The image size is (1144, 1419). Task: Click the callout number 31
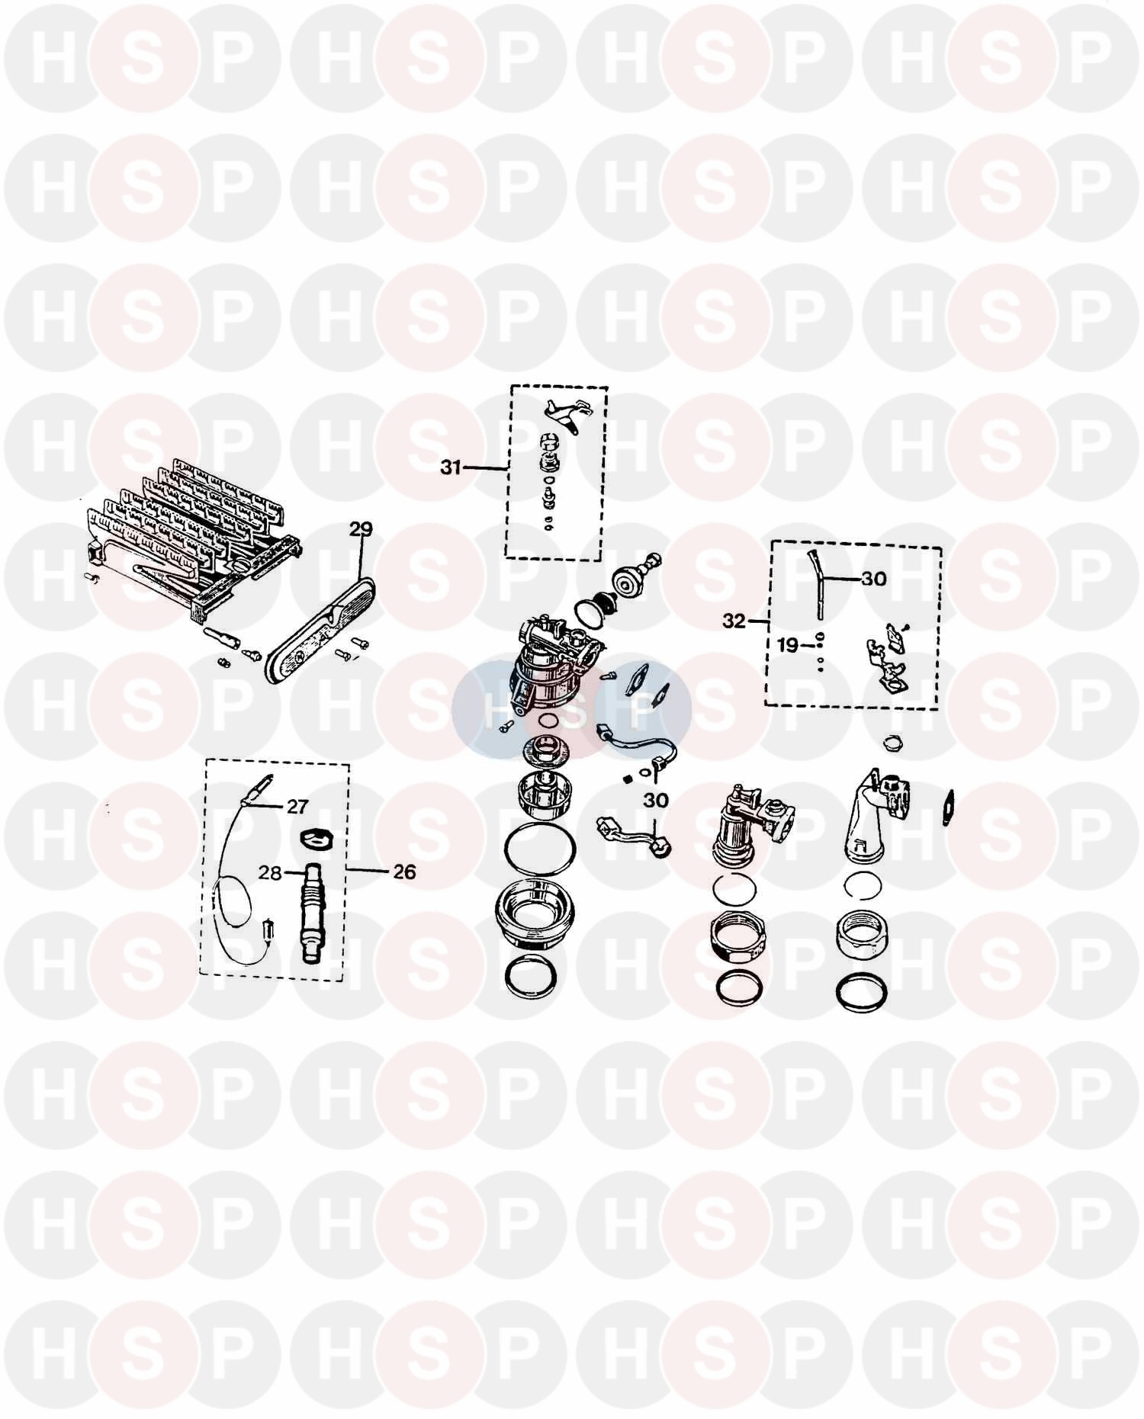click(451, 467)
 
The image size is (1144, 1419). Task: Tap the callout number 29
click(361, 528)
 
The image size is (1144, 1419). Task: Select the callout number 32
click(734, 621)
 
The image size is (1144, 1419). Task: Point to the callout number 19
click(788, 646)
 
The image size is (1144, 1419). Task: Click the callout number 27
click(297, 807)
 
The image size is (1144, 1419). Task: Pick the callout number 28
click(270, 872)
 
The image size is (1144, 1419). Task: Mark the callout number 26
click(404, 872)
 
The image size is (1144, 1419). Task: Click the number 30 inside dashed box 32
click(874, 579)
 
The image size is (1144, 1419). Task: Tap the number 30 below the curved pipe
click(656, 800)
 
